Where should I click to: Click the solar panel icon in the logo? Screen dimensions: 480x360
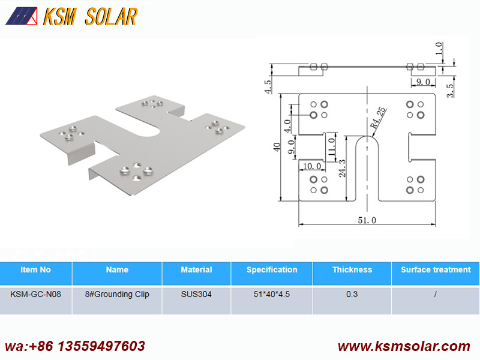tap(22, 16)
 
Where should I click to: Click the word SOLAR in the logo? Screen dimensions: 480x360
tap(111, 17)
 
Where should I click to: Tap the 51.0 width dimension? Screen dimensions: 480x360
tap(367, 220)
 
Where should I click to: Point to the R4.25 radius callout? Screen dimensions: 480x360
tap(378, 118)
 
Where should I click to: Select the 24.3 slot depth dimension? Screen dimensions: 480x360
tap(342, 168)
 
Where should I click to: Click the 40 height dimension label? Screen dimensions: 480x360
tap(277, 147)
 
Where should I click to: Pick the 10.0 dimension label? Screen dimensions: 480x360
tap(312, 166)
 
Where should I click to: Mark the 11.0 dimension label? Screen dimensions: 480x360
tap(332, 146)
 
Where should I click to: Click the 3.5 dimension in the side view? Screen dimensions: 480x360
tap(450, 91)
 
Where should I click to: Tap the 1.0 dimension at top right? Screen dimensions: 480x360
tap(439, 48)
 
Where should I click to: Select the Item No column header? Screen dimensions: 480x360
tap(35, 269)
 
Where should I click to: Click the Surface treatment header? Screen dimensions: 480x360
tap(436, 269)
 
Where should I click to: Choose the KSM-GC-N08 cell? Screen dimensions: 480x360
tap(35, 294)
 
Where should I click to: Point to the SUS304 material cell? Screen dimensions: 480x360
tap(196, 294)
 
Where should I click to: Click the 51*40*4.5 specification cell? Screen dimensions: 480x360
tap(272, 294)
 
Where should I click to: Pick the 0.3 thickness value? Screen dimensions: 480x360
tap(352, 294)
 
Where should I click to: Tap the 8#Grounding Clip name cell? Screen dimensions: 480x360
tap(117, 294)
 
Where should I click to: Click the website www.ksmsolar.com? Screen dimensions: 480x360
tap(404, 346)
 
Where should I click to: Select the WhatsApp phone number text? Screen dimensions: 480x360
tap(75, 346)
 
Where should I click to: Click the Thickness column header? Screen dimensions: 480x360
tap(352, 269)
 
